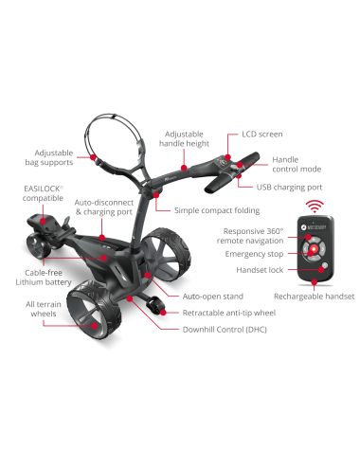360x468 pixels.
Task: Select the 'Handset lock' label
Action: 251,269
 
